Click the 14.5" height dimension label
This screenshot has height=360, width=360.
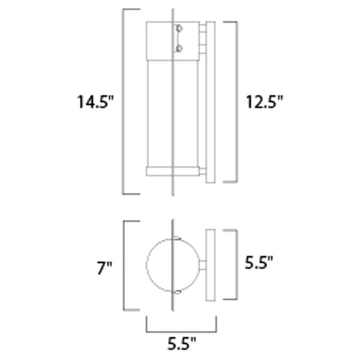click(x=95, y=102)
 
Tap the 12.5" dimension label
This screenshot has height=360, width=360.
click(x=264, y=102)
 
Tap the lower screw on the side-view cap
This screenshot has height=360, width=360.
click(x=178, y=48)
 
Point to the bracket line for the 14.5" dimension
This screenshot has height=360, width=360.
click(x=123, y=102)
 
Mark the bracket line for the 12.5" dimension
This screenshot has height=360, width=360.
click(x=236, y=102)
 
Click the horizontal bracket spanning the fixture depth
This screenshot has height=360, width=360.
click(x=181, y=330)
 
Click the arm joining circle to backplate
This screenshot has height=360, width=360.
click(x=202, y=265)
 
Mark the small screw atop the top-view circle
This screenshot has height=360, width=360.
click(x=177, y=239)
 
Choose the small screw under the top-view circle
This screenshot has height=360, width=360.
click(x=177, y=291)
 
